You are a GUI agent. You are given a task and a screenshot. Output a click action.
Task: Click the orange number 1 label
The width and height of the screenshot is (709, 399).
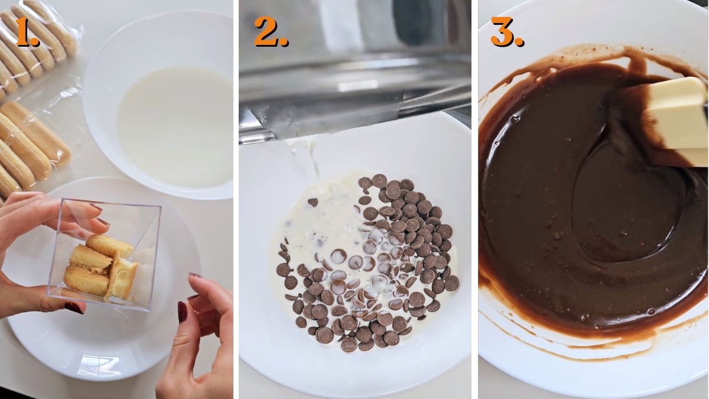(x=27, y=33)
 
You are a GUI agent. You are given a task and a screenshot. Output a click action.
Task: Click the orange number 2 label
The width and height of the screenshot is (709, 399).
(x=270, y=32)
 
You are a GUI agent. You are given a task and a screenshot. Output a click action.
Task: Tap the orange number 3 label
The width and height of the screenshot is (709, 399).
(x=506, y=32)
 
